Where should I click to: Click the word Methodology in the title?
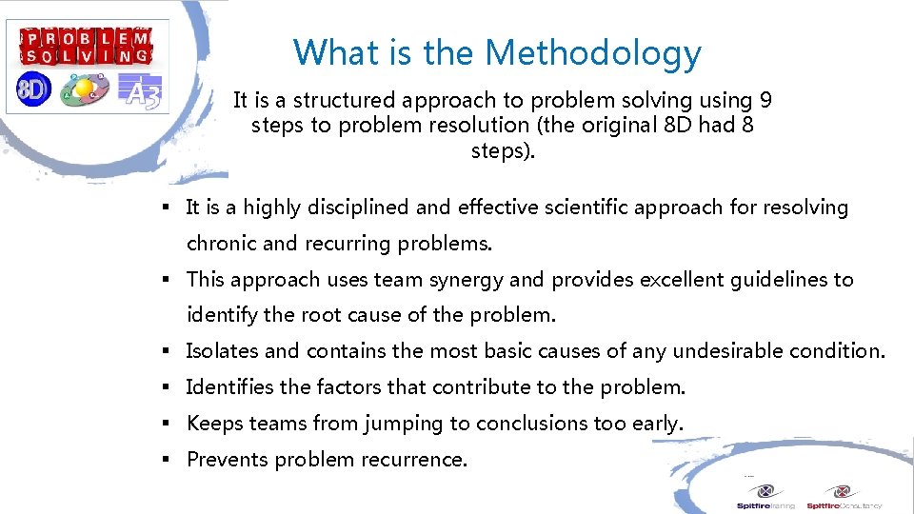593,53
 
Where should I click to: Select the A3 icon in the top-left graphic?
143,92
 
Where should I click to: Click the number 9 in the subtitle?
765,100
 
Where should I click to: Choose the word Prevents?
228,460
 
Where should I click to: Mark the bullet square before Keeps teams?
165,424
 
